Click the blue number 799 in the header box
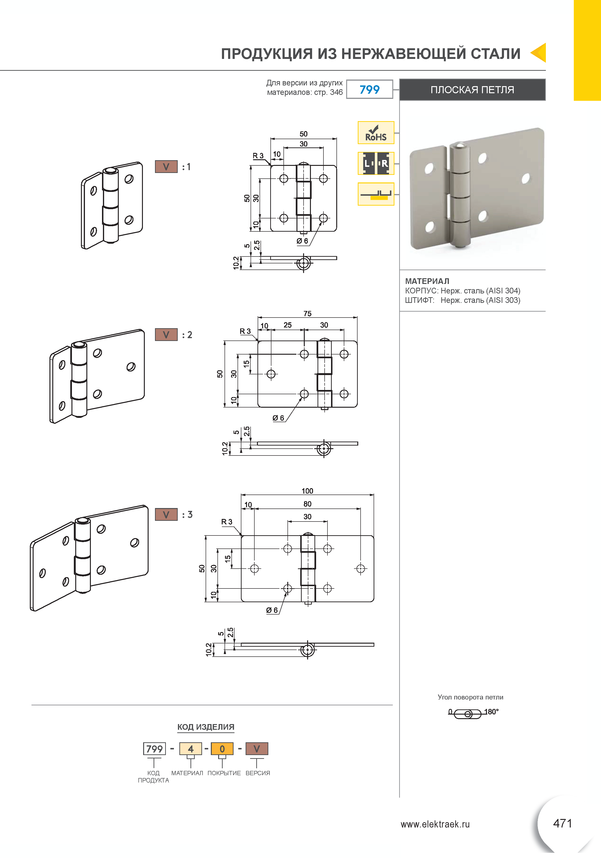[369, 90]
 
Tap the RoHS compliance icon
[376, 133]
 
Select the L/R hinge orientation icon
[376, 163]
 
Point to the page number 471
[562, 823]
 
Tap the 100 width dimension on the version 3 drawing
[307, 491]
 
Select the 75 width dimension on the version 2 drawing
[307, 314]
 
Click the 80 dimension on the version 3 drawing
[307, 504]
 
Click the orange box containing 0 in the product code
[222, 748]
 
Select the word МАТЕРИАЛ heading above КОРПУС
[427, 281]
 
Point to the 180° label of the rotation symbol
[491, 712]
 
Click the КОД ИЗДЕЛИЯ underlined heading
[206, 727]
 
